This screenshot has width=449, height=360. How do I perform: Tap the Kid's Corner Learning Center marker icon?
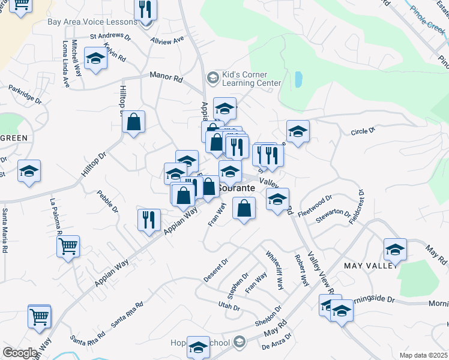pyautogui.click(x=212, y=78)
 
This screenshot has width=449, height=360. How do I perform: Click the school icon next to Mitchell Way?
pyautogui.click(x=95, y=59)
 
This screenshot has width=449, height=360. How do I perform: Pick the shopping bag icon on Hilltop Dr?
pyautogui.click(x=134, y=121)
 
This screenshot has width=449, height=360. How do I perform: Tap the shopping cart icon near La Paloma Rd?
pyautogui.click(x=68, y=245)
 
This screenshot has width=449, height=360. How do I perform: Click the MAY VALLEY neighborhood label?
pyautogui.click(x=369, y=265)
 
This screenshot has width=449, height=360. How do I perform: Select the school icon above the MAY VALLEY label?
pyautogui.click(x=395, y=249)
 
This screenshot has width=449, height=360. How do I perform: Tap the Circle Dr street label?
pyautogui.click(x=363, y=130)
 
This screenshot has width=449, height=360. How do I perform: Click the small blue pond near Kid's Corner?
pyautogui.click(x=298, y=79)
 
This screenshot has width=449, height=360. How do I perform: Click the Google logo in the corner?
pyautogui.click(x=20, y=353)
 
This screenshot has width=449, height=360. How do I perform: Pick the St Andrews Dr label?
pyautogui.click(x=110, y=37)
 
